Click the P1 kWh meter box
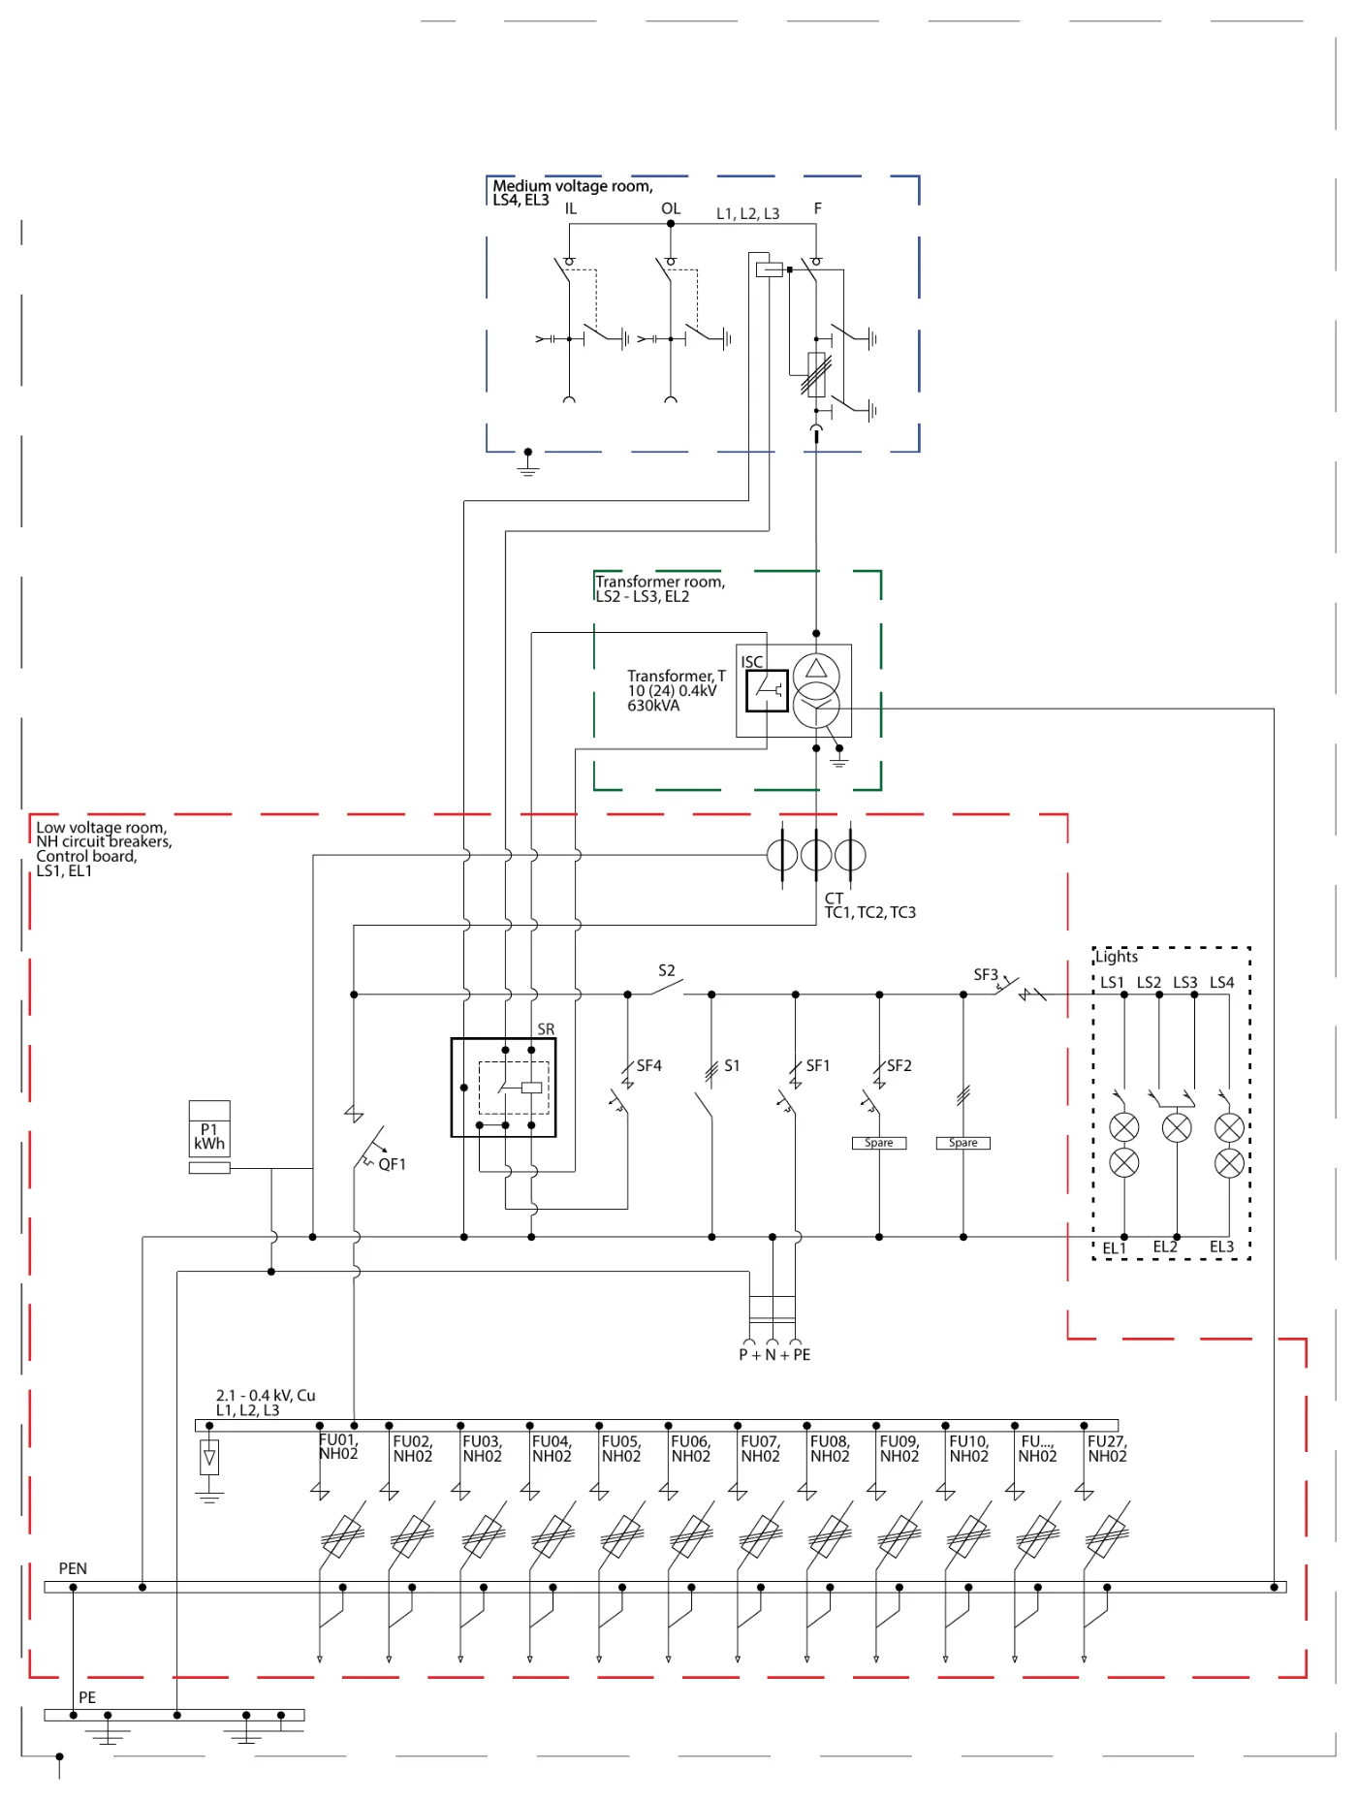209,1128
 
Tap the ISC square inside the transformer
767,690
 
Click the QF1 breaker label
393,1164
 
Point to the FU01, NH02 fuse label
338,1447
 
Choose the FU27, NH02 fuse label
1107,1448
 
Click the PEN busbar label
73,1567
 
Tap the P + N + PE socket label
774,1354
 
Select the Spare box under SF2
879,1143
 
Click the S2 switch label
667,970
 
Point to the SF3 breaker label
986,974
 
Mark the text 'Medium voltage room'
572,185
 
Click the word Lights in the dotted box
1117,957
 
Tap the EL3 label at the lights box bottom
1221,1247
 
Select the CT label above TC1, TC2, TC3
834,899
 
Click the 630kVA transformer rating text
653,706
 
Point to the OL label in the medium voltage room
671,208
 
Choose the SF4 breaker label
649,1065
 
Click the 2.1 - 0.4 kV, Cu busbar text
266,1395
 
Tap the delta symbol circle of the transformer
816,672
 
